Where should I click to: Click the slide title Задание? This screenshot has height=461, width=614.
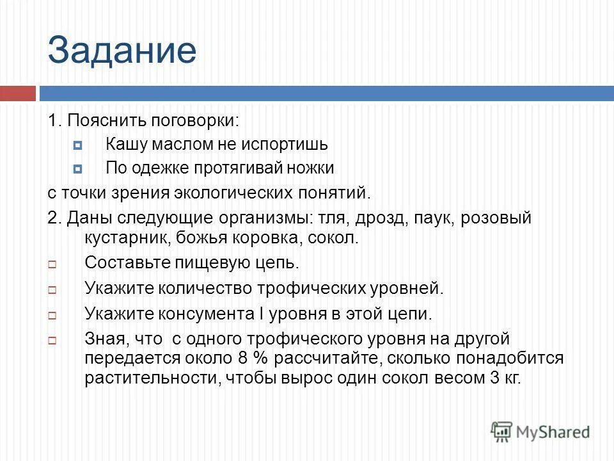click(122, 51)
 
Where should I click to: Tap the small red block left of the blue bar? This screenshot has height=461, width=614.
click(17, 93)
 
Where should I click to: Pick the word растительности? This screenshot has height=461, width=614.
click(151, 378)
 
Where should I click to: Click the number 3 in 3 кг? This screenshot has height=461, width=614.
click(494, 378)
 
